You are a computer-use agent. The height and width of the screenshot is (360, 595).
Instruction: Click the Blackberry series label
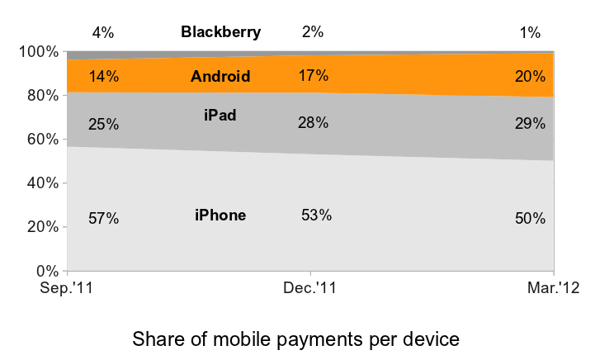(x=220, y=33)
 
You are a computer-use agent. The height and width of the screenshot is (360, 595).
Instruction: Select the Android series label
(x=220, y=77)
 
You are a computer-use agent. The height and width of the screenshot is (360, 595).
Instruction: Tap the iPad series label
(x=220, y=115)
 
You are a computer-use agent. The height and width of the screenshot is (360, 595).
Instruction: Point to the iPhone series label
(x=220, y=216)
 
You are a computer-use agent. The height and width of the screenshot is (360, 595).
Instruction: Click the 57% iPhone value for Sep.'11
(x=104, y=219)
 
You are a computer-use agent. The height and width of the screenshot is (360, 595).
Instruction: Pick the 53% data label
(x=316, y=216)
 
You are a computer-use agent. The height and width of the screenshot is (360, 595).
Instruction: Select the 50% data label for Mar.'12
(x=530, y=219)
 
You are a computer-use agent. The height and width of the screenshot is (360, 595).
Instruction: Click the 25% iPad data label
(x=104, y=125)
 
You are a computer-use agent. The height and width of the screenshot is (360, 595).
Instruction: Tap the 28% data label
(x=313, y=123)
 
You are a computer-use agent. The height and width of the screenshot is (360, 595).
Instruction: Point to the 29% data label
(x=530, y=124)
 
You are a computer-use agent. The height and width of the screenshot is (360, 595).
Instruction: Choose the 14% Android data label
(x=104, y=77)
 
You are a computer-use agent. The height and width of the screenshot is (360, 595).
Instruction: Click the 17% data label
(x=313, y=76)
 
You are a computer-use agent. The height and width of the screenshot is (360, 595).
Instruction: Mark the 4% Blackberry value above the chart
(x=103, y=33)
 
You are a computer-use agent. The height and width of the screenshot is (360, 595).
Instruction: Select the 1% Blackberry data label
(x=530, y=33)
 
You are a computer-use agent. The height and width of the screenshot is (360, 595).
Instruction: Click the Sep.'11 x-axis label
(x=68, y=288)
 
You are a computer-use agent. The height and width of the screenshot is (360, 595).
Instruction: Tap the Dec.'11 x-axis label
(x=310, y=288)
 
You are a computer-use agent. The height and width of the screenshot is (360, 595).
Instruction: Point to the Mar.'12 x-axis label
(x=552, y=288)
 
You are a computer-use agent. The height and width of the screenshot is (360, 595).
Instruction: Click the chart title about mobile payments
(x=295, y=339)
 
